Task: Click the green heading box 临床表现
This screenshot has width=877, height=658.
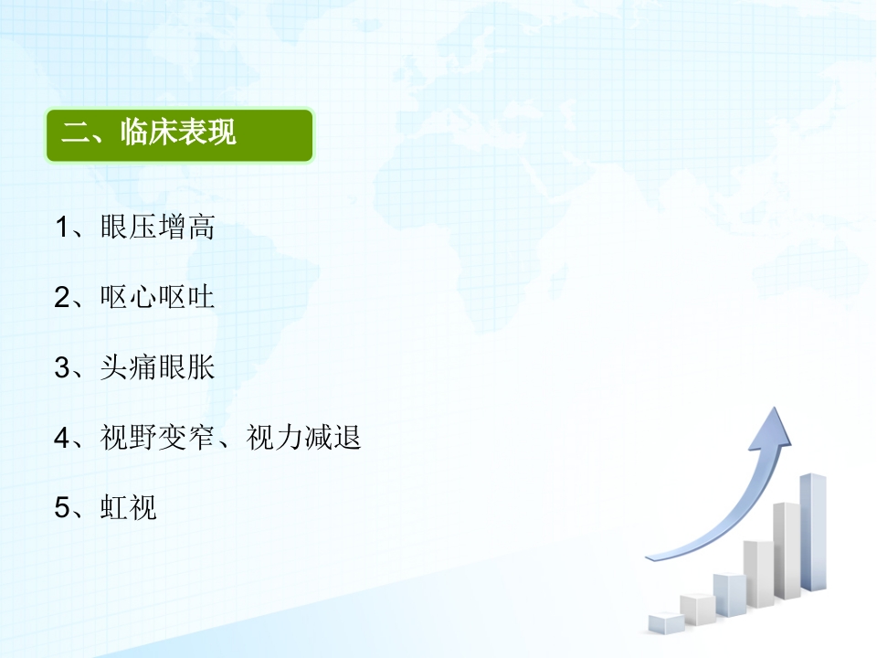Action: (180, 135)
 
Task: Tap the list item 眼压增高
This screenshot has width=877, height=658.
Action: (158, 228)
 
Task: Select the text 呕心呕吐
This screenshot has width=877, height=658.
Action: (158, 297)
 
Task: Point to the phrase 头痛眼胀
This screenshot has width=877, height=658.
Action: (158, 367)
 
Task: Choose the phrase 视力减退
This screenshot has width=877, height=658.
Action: (303, 438)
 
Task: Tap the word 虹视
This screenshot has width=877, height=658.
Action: (129, 507)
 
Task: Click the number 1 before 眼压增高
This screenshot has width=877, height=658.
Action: (61, 228)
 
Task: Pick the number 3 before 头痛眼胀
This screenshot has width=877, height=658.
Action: (61, 368)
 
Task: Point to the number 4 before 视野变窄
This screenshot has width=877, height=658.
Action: (61, 438)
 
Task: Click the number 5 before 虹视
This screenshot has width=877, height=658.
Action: (61, 508)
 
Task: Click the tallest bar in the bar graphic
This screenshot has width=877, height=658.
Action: (813, 532)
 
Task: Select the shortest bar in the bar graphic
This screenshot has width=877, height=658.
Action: (666, 623)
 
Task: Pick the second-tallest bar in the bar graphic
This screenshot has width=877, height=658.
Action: (787, 550)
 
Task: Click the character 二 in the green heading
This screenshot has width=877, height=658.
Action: (75, 133)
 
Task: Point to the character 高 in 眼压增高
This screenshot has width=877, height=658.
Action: (201, 228)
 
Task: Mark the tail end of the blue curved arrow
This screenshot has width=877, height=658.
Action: (648, 557)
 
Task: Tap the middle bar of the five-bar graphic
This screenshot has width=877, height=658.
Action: (729, 595)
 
